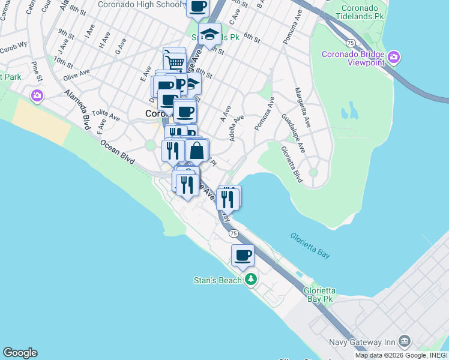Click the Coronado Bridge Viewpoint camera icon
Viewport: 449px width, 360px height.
[394, 58]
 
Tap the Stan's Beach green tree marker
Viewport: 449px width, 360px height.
[251, 280]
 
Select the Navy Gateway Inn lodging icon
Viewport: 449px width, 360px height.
[404, 341]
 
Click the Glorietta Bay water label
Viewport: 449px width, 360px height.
[310, 246]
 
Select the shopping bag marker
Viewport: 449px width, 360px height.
[197, 151]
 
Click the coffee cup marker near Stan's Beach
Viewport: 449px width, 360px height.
[243, 256]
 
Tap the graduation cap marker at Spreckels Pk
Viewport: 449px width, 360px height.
[209, 34]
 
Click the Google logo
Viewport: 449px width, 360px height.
[20, 353]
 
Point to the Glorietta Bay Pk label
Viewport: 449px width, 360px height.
[319, 295]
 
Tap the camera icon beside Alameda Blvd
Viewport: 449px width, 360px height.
[37, 95]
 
